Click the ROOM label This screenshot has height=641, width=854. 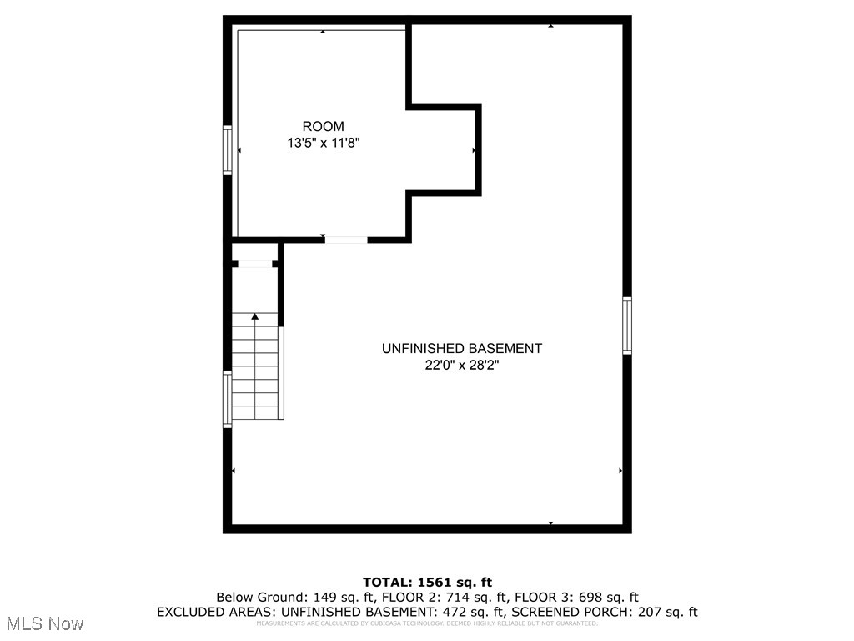(x=323, y=126)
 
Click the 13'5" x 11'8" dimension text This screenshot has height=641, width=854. (x=323, y=143)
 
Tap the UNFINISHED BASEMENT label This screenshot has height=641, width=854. (x=461, y=348)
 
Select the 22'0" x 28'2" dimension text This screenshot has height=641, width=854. (x=461, y=365)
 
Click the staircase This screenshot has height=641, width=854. (x=255, y=371)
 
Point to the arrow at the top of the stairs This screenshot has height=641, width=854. (x=255, y=316)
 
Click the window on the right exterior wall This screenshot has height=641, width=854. (x=627, y=326)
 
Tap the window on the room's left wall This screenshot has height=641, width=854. (x=227, y=150)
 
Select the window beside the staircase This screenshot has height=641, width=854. (x=227, y=400)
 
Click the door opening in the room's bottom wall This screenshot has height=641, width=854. (x=345, y=240)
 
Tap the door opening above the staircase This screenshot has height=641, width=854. (x=255, y=265)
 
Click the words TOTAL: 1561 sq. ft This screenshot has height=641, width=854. (x=427, y=582)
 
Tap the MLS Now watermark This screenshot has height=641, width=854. (x=44, y=623)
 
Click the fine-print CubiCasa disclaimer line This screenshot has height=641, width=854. (x=427, y=623)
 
